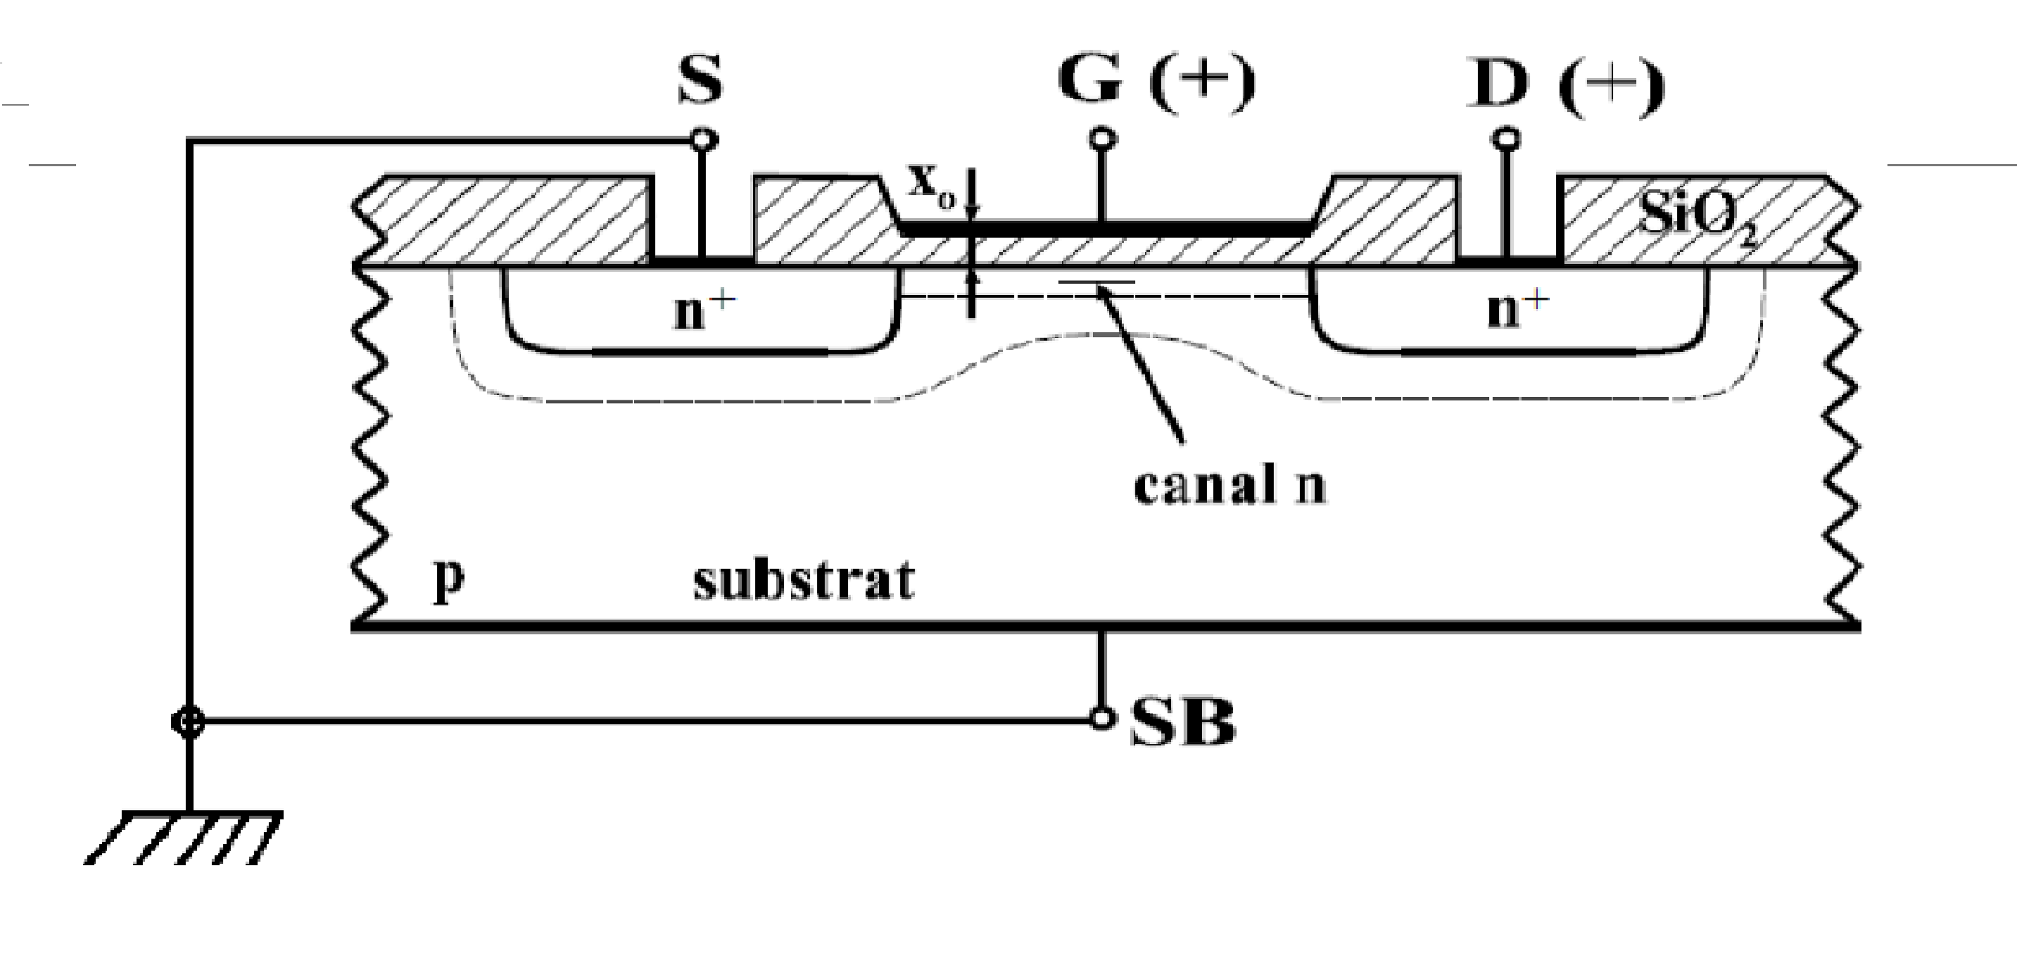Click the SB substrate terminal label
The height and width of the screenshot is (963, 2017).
[x=1182, y=722]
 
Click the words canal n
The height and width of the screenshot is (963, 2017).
[x=1229, y=485]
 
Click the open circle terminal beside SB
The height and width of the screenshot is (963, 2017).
[x=1102, y=719]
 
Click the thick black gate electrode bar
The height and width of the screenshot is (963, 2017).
[x=1104, y=229]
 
